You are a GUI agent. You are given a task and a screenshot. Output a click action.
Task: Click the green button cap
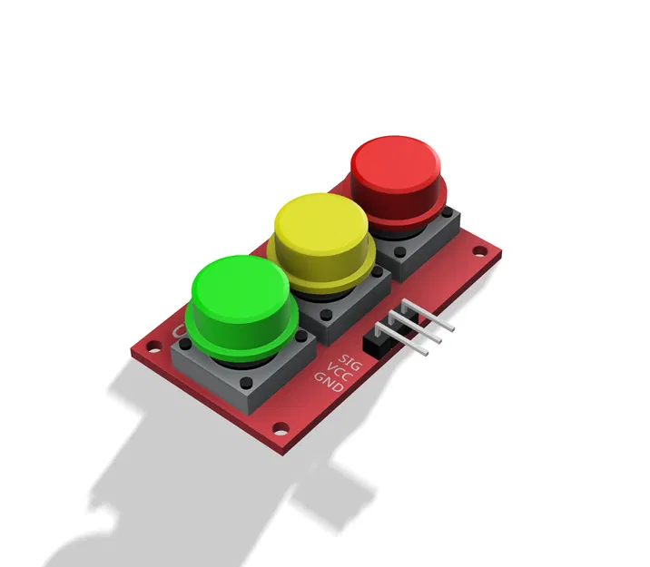[241, 290]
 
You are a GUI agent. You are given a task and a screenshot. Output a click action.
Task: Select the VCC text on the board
[339, 376]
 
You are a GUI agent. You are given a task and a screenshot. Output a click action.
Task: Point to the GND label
[328, 386]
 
